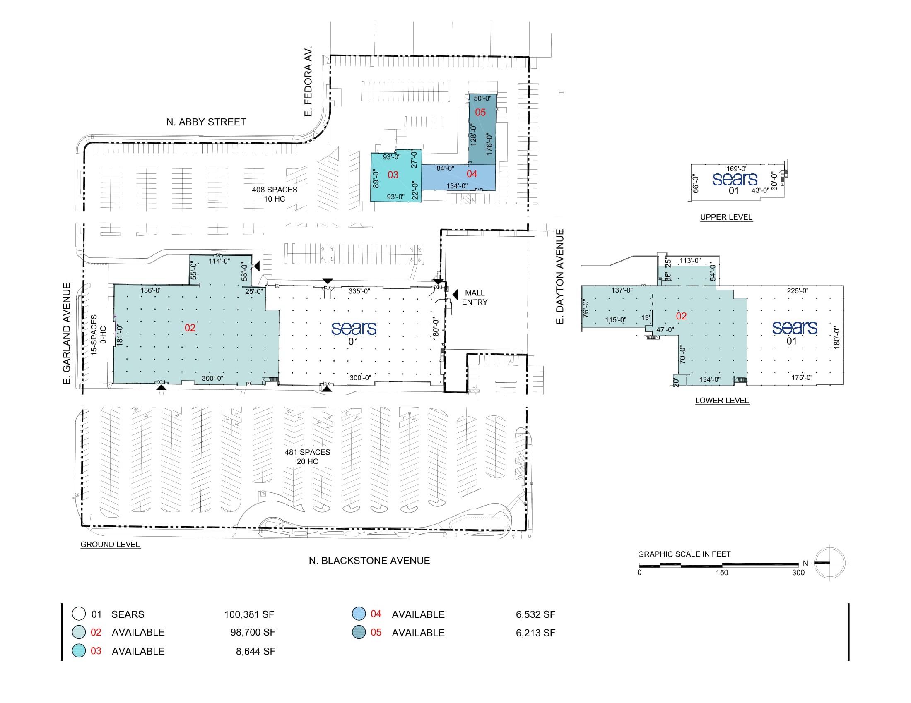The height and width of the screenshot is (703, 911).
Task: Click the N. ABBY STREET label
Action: click(206, 122)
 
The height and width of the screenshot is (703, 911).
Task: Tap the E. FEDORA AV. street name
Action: click(308, 81)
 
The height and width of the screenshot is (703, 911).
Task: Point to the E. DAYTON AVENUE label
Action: click(560, 276)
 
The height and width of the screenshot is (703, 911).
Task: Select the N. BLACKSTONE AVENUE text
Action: click(369, 561)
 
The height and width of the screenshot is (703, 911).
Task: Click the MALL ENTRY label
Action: click(475, 298)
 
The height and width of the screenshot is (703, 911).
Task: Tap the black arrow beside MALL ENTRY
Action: click(455, 295)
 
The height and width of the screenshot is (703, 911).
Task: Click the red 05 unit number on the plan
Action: click(480, 112)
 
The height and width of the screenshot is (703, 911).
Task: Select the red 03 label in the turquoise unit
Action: click(393, 175)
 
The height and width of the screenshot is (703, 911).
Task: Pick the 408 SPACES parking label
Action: click(275, 190)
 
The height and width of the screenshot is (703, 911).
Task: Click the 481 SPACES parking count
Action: click(307, 452)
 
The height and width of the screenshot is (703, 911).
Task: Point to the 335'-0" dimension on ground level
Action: click(359, 291)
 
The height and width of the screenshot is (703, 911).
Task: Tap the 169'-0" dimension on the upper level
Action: click(737, 169)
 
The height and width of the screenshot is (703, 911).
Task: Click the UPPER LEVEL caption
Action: click(726, 217)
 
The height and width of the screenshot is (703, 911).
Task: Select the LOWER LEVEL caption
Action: click(722, 401)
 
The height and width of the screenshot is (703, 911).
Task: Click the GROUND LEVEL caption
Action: click(110, 544)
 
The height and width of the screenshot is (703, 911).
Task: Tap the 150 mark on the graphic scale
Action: click(722, 573)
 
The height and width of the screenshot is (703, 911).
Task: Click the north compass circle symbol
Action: click(830, 563)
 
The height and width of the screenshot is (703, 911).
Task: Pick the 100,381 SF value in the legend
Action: click(249, 614)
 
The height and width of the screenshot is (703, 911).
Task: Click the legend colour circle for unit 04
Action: click(359, 614)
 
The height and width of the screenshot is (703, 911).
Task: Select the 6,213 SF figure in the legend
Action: click(535, 633)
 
